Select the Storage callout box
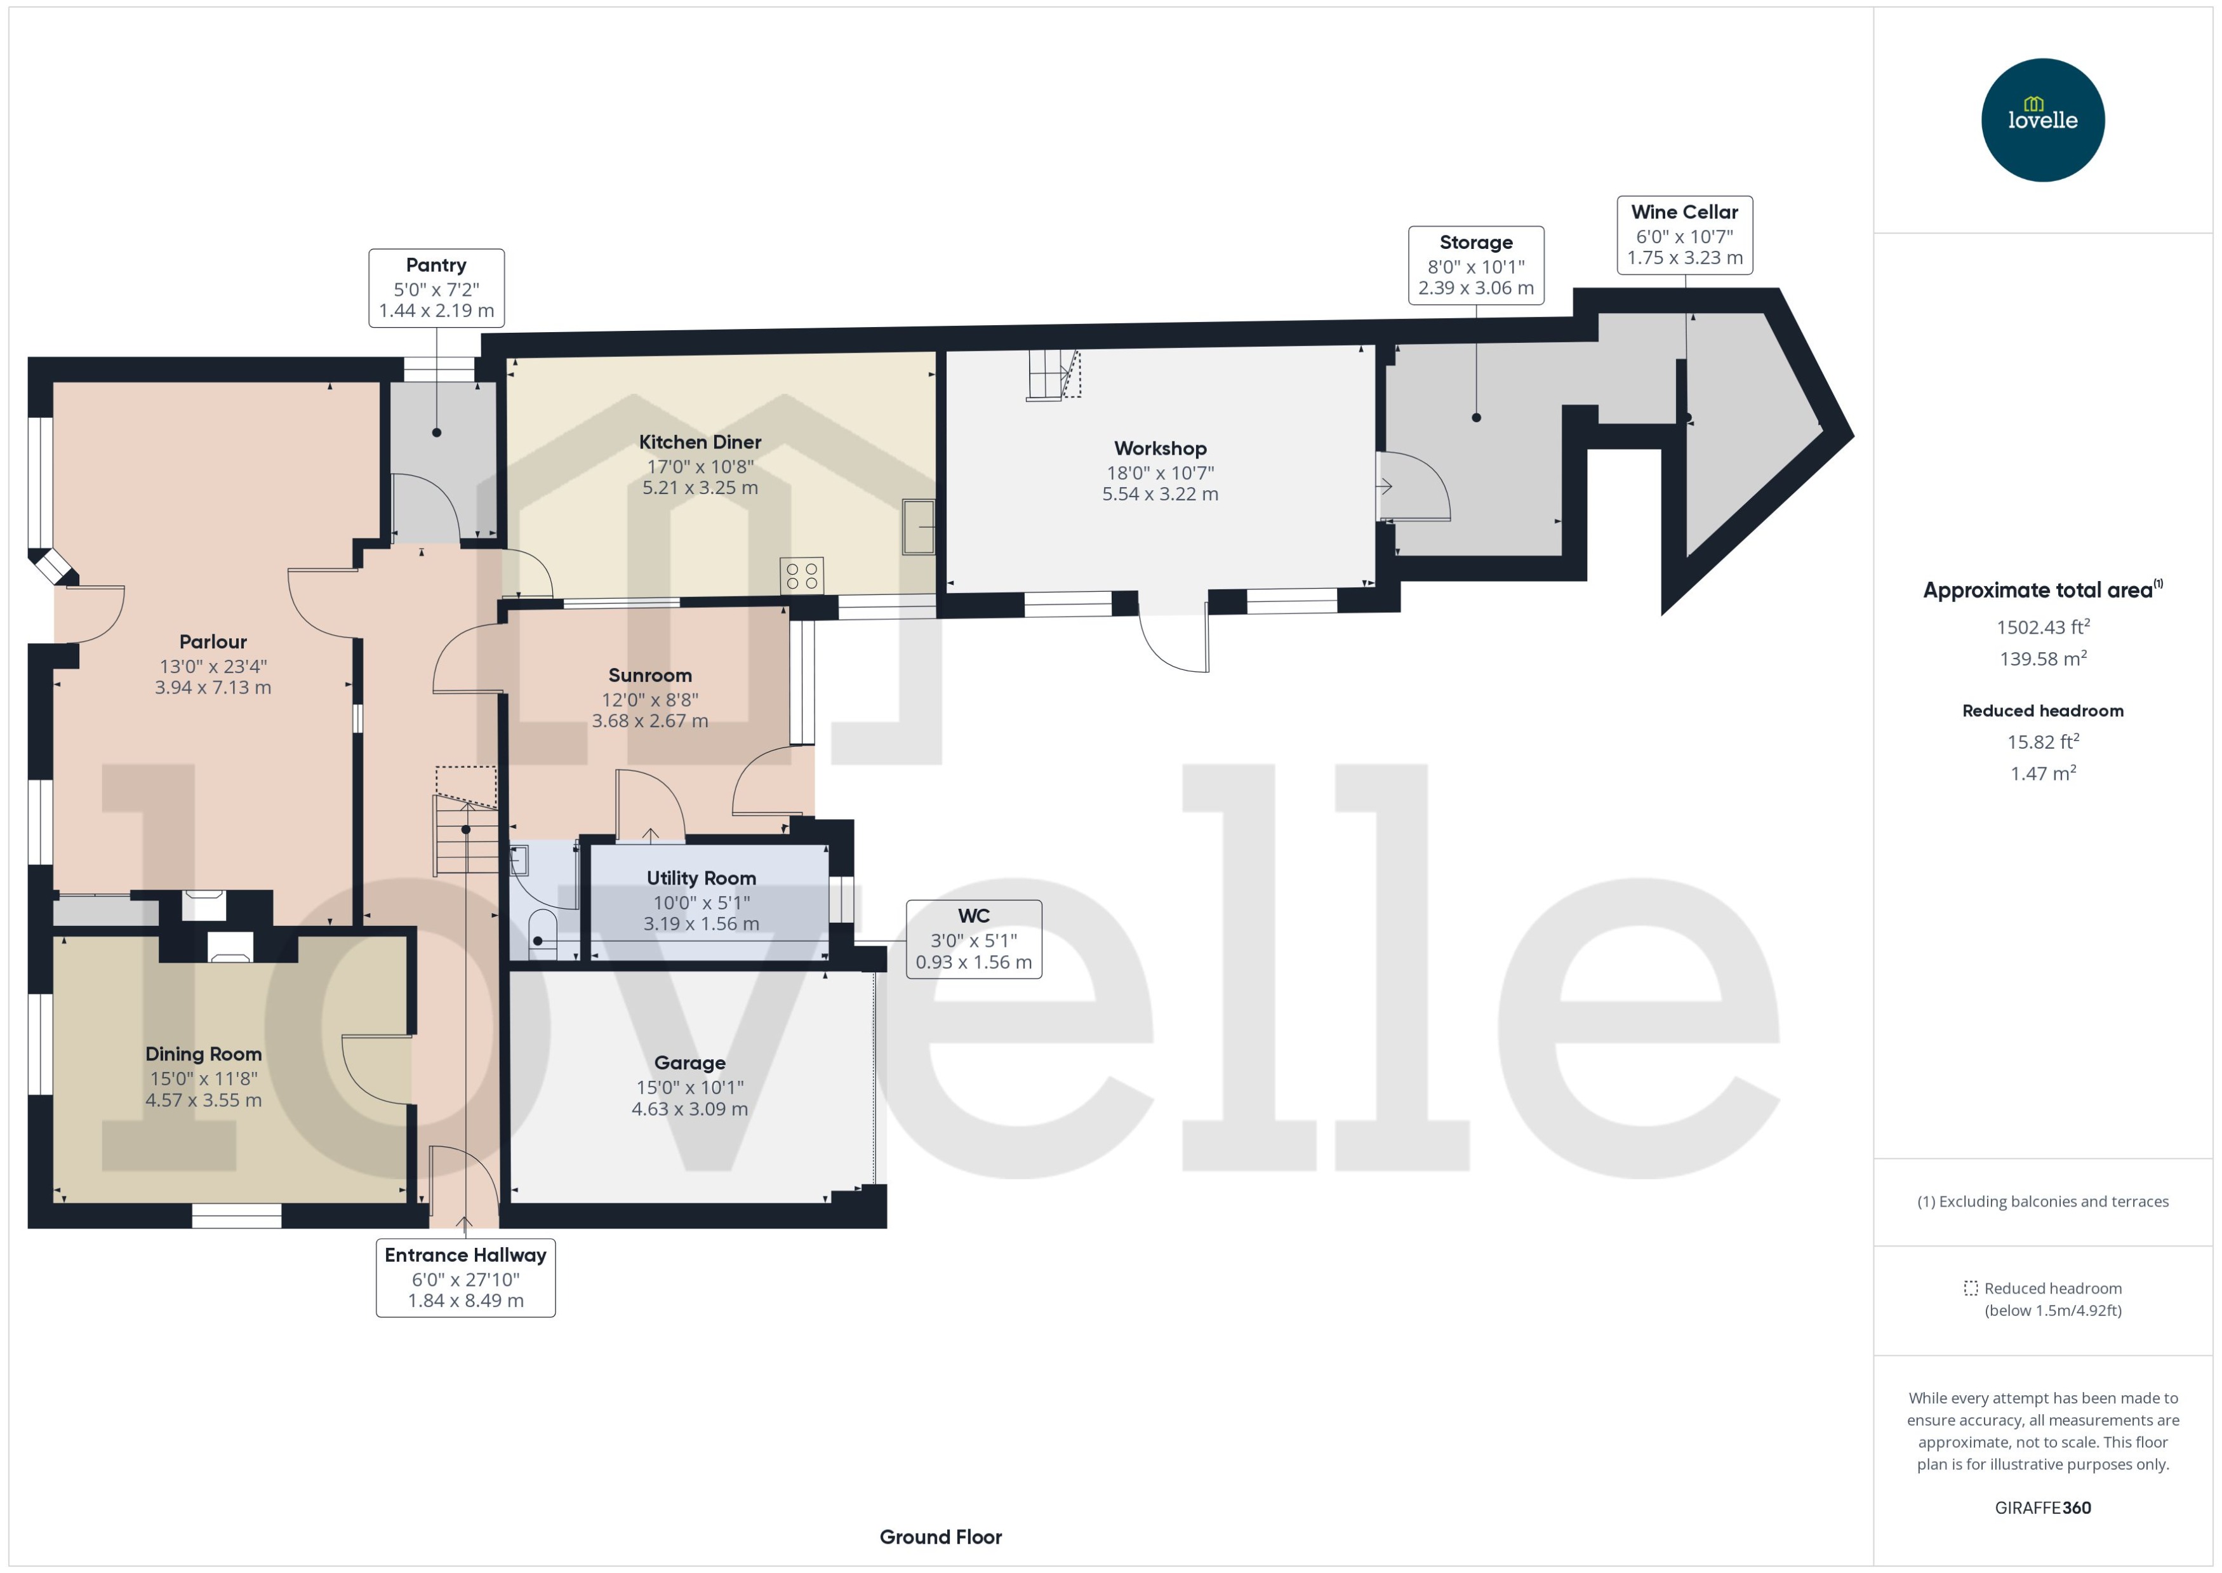(1475, 265)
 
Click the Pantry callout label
(436, 288)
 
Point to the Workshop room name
(1160, 448)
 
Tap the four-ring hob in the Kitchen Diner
(802, 575)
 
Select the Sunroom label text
(649, 675)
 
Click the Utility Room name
(701, 878)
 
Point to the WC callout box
(973, 939)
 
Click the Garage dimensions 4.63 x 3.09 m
(689, 1109)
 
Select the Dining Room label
(203, 1054)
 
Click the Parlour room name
(213, 641)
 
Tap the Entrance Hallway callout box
(466, 1278)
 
